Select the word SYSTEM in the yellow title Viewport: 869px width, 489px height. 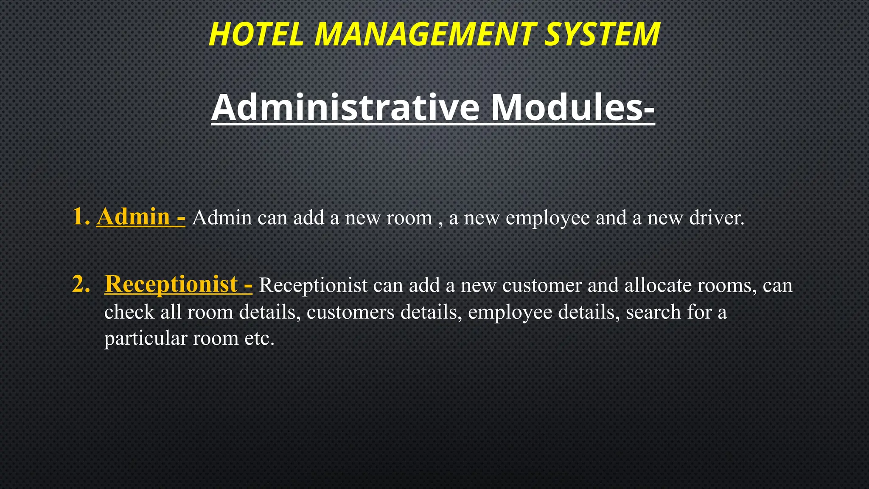click(602, 34)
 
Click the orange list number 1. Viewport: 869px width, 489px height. click(81, 216)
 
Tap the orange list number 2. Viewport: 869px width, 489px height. click(81, 284)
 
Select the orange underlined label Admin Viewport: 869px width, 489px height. click(133, 216)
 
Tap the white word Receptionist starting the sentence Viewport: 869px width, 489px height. click(313, 285)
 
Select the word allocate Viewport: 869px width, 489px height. click(658, 285)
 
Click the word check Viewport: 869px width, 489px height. click(129, 312)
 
